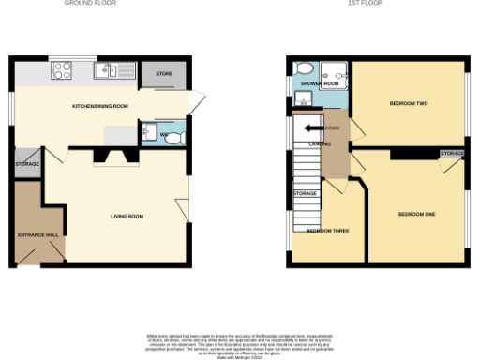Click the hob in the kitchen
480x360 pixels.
click(63, 70)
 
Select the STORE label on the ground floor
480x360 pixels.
click(165, 72)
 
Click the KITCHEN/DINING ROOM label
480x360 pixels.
click(100, 106)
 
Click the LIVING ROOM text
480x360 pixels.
click(127, 217)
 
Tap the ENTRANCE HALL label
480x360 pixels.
click(38, 233)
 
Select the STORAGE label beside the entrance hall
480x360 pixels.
click(27, 164)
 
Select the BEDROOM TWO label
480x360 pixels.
click(409, 102)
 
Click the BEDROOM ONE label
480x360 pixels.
click(417, 215)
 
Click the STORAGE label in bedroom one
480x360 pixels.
click(452, 152)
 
